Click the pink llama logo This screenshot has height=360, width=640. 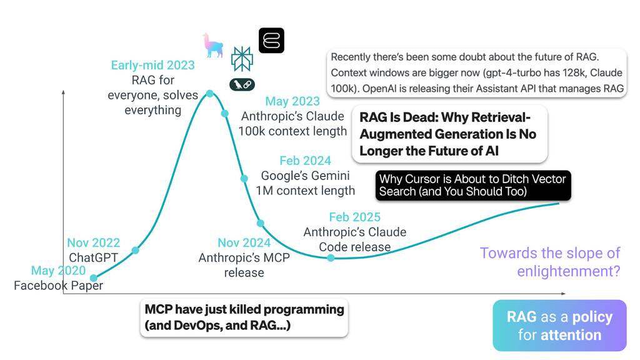(212, 45)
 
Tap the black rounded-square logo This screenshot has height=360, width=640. (271, 41)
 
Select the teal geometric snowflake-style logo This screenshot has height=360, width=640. (242, 59)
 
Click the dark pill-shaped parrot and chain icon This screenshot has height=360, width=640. (242, 84)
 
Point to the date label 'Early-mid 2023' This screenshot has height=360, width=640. (152, 65)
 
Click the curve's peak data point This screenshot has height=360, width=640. (210, 94)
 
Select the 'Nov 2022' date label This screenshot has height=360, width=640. (94, 242)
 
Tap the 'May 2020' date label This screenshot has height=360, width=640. (58, 270)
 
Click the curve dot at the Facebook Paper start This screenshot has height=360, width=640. (94, 278)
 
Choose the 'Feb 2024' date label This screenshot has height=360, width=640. (305, 161)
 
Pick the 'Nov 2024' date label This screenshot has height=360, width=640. (244, 242)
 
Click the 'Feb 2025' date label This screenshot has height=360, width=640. (355, 217)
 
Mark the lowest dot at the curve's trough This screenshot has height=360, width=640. (331, 258)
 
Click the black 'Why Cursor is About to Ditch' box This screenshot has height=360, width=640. (473, 185)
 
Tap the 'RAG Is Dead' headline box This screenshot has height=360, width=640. (449, 134)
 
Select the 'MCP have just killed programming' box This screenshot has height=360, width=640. (244, 318)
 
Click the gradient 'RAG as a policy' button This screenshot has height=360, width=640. (559, 326)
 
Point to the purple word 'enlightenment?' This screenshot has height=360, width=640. (569, 271)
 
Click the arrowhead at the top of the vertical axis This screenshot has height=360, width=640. (63, 92)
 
